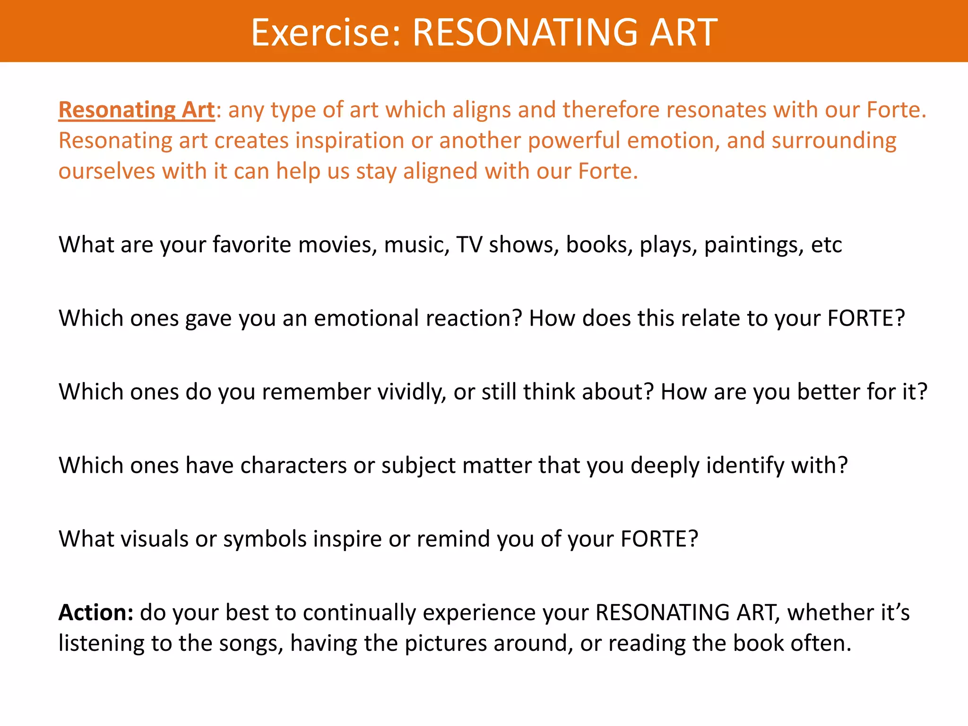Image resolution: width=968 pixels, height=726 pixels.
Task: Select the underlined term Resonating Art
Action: coord(137,110)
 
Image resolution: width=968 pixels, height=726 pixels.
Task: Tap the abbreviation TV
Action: coord(469,245)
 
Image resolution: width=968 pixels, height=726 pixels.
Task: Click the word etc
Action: coord(826,245)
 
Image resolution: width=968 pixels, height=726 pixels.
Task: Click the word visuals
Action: coord(155,539)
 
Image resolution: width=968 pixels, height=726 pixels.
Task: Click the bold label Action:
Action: coord(96,613)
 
